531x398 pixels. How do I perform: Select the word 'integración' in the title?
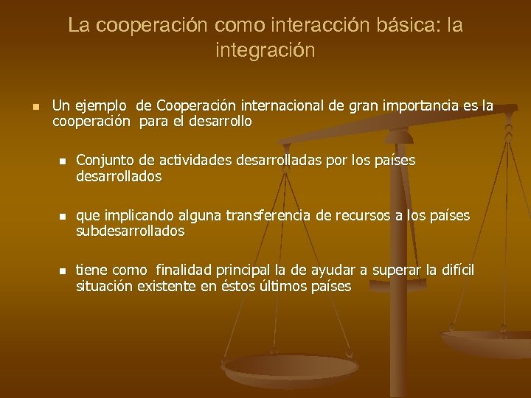tap(265, 51)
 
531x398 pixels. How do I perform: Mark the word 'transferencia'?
tap(268, 215)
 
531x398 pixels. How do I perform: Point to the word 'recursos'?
tap(360, 215)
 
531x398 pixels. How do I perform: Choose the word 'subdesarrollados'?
tap(131, 231)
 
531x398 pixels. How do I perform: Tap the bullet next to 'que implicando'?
tap(63, 216)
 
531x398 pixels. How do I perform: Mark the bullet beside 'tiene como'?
tap(63, 271)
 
